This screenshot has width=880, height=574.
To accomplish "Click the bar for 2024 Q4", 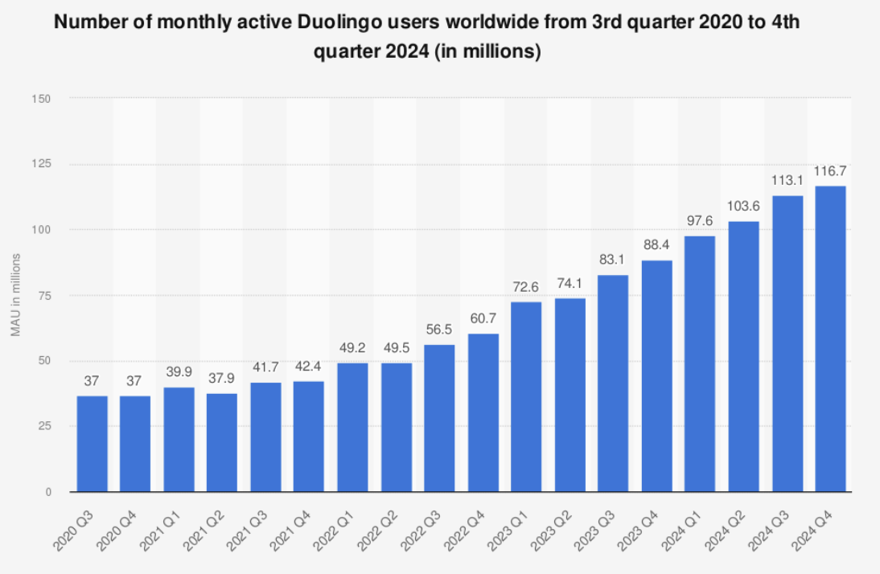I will point(830,338).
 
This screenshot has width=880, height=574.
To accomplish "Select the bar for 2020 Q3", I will point(92,443).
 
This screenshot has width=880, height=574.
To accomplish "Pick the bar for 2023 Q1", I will point(526,396).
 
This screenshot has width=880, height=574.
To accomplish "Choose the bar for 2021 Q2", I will point(222,442).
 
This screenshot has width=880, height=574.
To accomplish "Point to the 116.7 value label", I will point(830,171).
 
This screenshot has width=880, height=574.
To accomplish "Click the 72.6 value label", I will point(526,287).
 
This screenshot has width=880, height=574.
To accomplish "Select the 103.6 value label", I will point(743,207).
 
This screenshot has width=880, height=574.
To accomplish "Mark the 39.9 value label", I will point(179,373).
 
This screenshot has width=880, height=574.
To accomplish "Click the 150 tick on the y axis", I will point(43,99).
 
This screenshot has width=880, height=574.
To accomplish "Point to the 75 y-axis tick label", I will point(45,295).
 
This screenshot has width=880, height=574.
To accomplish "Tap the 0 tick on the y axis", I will point(48,491).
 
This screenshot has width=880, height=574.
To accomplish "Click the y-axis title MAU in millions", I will point(17,295).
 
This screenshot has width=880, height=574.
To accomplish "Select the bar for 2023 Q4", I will point(656,375).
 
